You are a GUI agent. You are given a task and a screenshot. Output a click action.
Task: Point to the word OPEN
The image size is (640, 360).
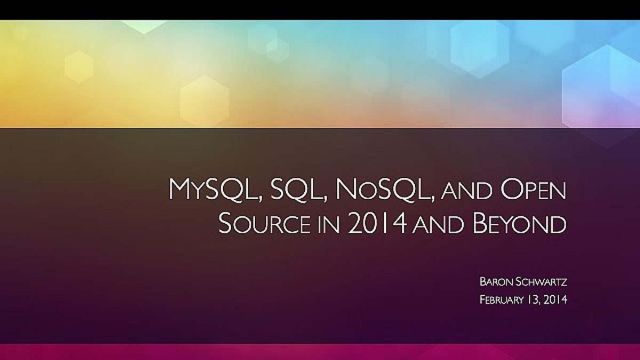point(533,190)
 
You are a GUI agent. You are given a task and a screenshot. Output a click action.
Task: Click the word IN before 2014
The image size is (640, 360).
point(329,225)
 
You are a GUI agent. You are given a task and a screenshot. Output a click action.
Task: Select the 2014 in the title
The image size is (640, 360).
point(377,223)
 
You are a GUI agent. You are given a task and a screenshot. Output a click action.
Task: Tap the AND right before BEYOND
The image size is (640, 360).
point(438,225)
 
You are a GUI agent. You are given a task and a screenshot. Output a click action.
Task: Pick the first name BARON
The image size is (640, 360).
point(496,282)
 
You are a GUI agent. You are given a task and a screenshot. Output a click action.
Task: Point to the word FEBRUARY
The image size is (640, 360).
point(501,300)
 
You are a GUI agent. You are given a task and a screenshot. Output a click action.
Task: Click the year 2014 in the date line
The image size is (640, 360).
point(555,300)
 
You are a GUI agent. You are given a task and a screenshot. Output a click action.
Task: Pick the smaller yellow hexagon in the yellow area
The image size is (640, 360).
point(79,66)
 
